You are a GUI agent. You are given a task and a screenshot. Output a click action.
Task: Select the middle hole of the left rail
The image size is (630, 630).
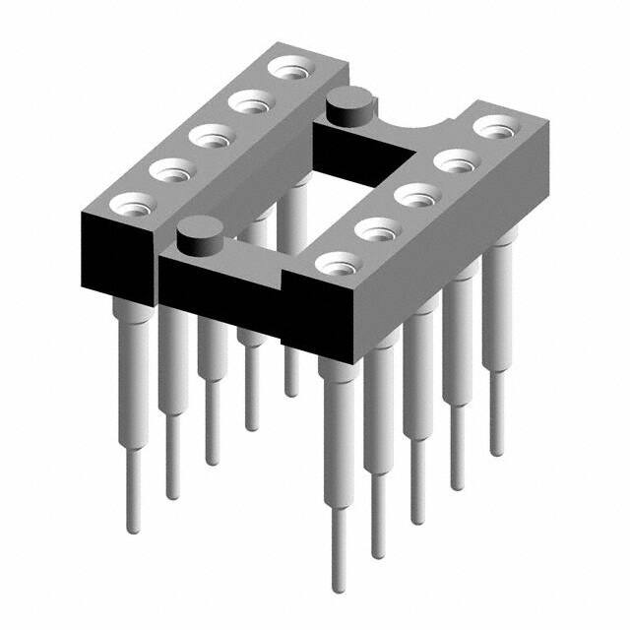[x=211, y=136]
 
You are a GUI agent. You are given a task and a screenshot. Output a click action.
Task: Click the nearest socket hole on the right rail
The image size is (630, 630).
[x=337, y=263]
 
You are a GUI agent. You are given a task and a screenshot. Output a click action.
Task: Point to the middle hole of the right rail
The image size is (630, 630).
[x=416, y=194]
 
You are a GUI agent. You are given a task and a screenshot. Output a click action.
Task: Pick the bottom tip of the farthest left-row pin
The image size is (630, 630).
[x=291, y=394]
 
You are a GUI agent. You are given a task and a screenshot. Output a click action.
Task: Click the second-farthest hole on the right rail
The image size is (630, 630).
[x=455, y=160]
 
